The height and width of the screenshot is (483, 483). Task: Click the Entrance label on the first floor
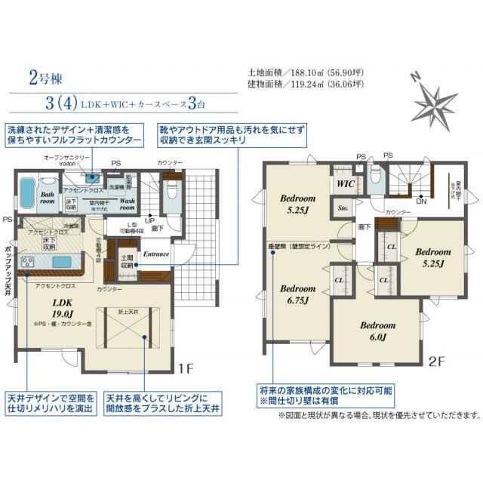click(x=156, y=254)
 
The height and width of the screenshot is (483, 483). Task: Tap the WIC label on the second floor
click(x=346, y=183)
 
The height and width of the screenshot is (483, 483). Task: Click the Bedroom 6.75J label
click(x=297, y=294)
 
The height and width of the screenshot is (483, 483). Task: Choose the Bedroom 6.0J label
click(x=377, y=331)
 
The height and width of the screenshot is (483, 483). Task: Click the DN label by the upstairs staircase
click(x=421, y=202)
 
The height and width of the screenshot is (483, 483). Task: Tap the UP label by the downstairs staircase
click(x=150, y=220)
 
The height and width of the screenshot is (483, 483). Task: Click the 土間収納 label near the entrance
click(x=127, y=261)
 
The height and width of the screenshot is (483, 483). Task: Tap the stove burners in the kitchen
click(x=27, y=261)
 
